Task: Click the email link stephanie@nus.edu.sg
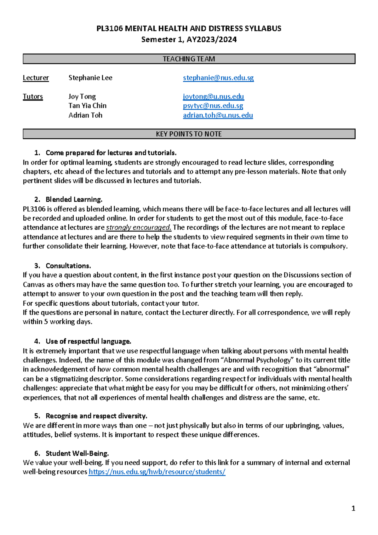click(218, 78)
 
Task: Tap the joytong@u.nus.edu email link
click(213, 96)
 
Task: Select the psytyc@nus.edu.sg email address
click(213, 106)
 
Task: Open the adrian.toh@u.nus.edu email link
click(218, 115)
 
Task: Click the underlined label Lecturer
click(36, 78)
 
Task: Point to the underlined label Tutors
click(33, 97)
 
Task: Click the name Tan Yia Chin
click(87, 106)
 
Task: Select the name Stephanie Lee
click(90, 78)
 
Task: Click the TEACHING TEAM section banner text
click(189, 59)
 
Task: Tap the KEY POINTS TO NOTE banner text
click(189, 134)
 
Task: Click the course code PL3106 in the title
click(109, 29)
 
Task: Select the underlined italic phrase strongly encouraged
click(139, 227)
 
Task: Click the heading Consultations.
click(68, 266)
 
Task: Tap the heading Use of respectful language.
click(88, 341)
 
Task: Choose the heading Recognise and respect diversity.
click(96, 416)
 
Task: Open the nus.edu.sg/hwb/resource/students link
click(157, 472)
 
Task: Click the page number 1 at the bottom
click(353, 509)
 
